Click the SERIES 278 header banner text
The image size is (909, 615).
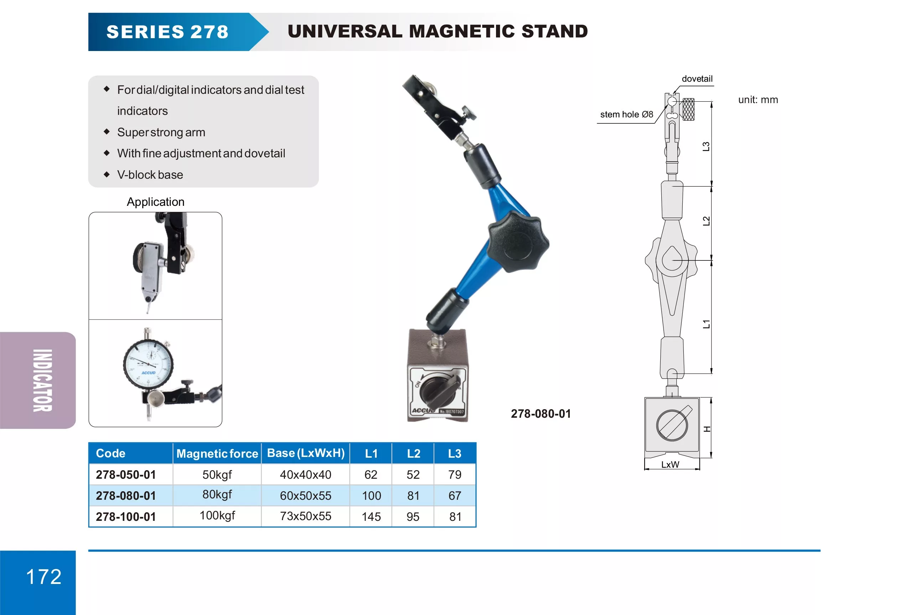pos(167,32)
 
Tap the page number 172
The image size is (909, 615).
pos(43,576)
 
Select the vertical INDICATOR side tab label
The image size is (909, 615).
pos(42,380)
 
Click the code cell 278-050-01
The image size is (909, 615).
pos(125,474)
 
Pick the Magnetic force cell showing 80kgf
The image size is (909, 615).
pos(217,495)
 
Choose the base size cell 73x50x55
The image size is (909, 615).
pos(305,516)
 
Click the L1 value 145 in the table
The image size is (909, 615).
pos(371,517)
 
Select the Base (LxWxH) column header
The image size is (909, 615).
pos(305,453)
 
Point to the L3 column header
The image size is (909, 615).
pos(455,453)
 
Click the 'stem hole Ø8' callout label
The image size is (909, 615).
pos(626,114)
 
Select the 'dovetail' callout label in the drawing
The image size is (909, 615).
pos(697,79)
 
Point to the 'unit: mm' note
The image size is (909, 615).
pos(758,100)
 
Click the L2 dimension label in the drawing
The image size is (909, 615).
pos(706,221)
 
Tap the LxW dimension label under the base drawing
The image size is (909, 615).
pos(670,464)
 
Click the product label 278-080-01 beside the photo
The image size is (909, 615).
pos(541,414)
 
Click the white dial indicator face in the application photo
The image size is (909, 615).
pos(148,364)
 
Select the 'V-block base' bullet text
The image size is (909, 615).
pos(150,174)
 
